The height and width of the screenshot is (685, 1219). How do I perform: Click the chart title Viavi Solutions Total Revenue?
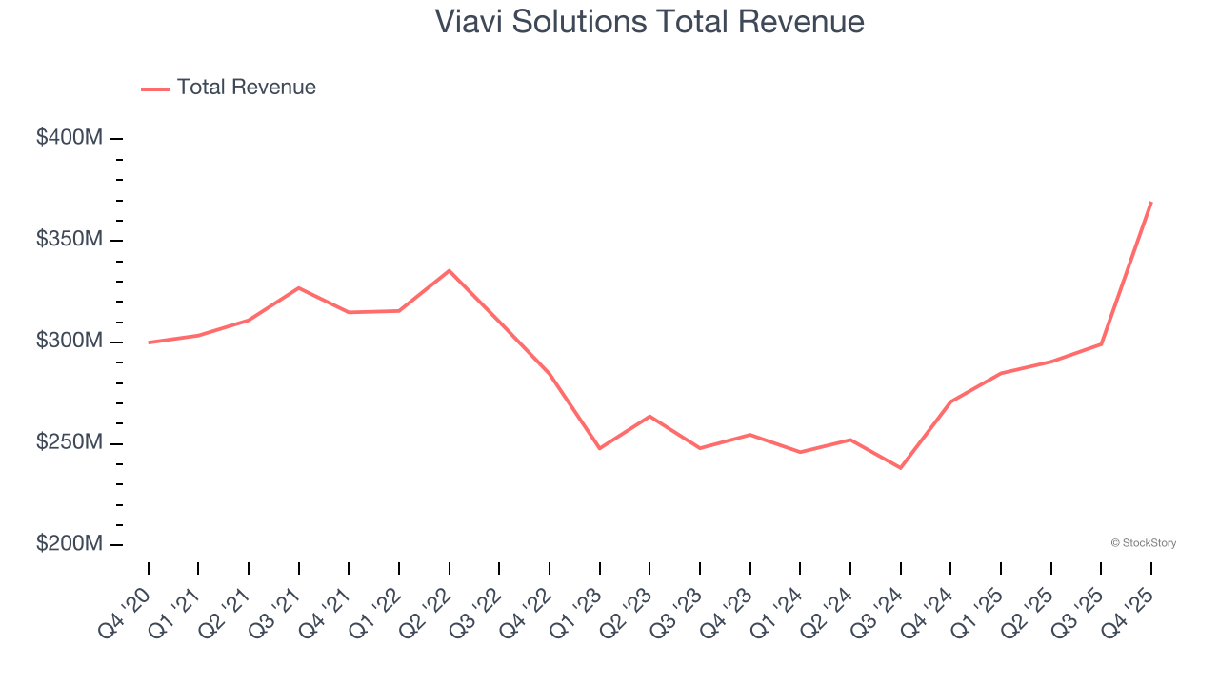click(649, 22)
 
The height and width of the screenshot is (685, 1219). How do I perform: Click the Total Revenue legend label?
click(246, 88)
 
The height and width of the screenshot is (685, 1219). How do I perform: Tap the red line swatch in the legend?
click(155, 88)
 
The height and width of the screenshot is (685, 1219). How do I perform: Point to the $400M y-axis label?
click(69, 138)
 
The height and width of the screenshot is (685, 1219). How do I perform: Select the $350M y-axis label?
click(69, 240)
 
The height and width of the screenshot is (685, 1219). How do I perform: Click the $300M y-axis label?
click(69, 342)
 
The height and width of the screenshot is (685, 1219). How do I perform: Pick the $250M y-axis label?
click(69, 443)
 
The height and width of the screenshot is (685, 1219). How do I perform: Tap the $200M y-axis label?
click(69, 544)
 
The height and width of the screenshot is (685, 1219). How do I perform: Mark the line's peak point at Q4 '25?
click(1151, 202)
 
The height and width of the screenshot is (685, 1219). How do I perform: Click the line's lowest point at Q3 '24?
click(900, 468)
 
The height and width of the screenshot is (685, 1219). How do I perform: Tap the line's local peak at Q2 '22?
click(450, 270)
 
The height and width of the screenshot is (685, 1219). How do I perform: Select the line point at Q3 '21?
click(299, 287)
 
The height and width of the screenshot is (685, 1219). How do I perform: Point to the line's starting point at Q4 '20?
click(149, 342)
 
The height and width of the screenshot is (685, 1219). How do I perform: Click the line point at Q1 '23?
click(600, 448)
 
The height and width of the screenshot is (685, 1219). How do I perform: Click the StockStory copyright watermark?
click(1143, 543)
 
